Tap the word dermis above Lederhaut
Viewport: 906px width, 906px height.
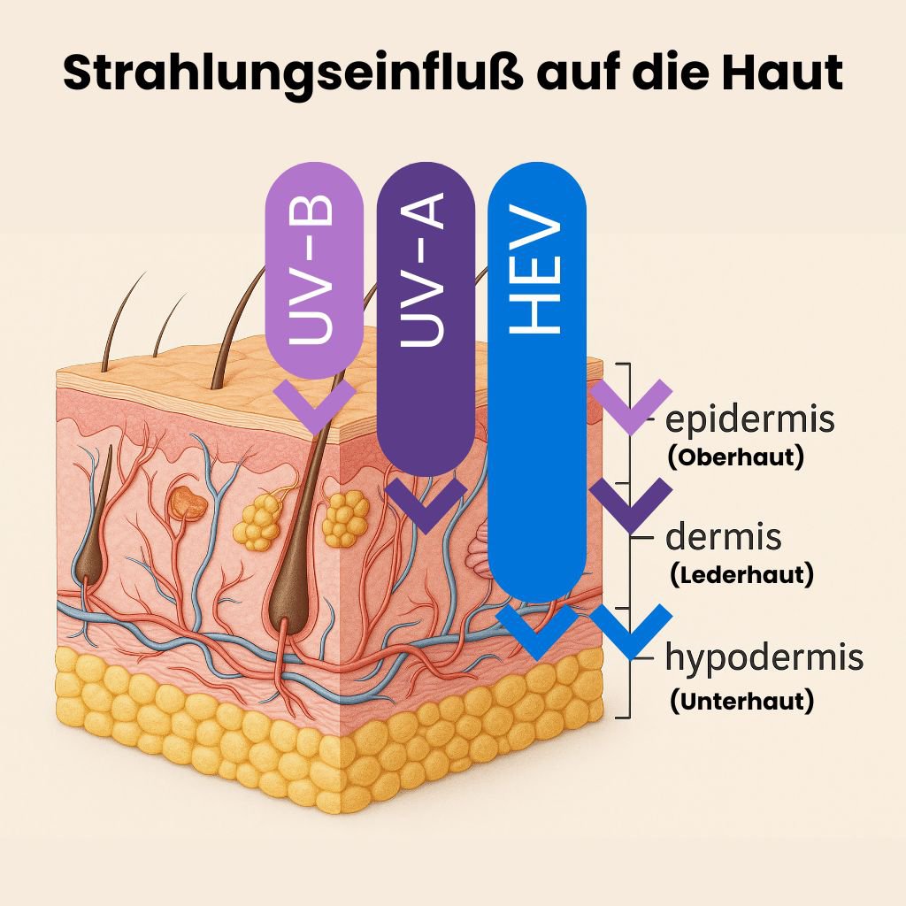click(x=724, y=536)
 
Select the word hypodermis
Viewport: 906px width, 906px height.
click(x=764, y=658)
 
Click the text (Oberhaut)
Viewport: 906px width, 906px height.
click(x=735, y=457)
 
